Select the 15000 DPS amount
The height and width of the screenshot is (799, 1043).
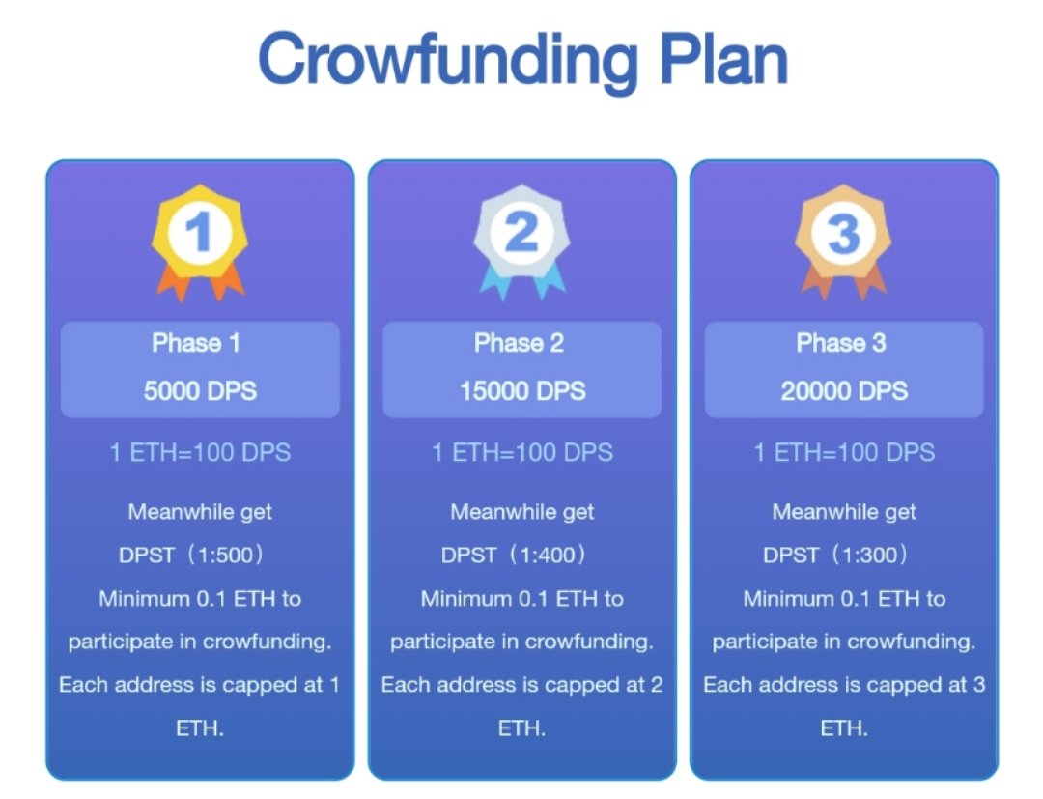[x=522, y=391]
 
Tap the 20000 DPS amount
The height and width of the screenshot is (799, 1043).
[x=844, y=391]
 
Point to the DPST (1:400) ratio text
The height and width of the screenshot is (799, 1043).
[x=514, y=556]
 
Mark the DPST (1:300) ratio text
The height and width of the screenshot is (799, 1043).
[x=835, y=556]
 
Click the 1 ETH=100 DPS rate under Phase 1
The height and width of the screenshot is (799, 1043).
[x=200, y=452]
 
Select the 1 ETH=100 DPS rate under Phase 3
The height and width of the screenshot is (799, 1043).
[x=844, y=452]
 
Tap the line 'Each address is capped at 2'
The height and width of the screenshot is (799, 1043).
[x=521, y=685]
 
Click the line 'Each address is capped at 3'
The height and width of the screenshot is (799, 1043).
[x=844, y=685]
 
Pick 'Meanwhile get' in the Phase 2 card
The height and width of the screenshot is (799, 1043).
[x=522, y=512]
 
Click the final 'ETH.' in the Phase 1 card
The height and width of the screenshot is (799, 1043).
[x=200, y=728]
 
